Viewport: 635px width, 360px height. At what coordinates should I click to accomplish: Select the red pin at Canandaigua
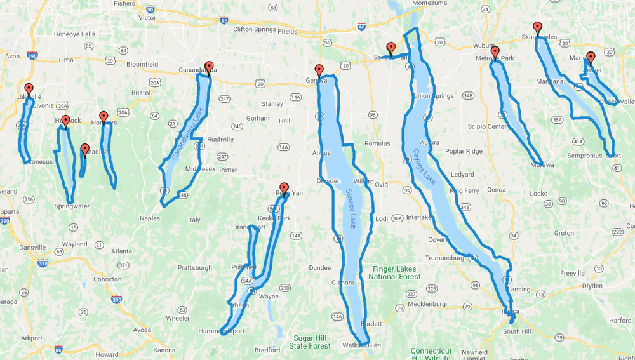209,67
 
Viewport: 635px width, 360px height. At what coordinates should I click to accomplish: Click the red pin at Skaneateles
538,28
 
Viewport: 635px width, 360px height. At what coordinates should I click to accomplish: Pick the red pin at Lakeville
29,89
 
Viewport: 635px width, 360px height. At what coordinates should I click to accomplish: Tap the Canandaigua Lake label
182,142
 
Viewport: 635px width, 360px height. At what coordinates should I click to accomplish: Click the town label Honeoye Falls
71,34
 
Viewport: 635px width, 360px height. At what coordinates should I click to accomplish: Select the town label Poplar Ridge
464,151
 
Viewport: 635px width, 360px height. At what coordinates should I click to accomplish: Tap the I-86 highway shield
58,349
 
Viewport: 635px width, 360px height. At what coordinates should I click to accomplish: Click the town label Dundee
320,268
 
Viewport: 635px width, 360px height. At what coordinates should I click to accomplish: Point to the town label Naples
150,218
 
